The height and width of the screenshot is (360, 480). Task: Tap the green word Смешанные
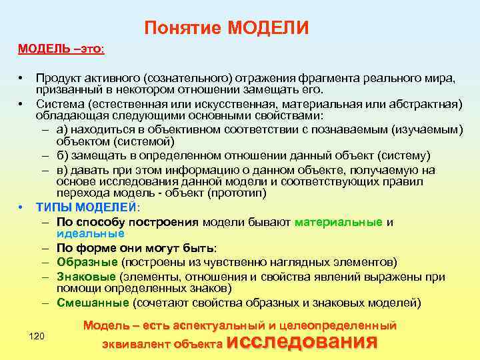pos(93,303)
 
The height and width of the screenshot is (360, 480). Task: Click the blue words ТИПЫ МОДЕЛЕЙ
pos(86,207)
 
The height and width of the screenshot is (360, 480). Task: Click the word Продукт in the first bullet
pos(60,78)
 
